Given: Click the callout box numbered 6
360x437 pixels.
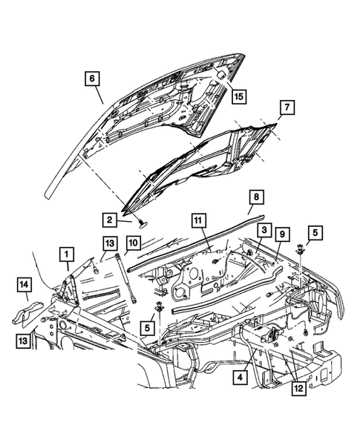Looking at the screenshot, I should pos(93,78).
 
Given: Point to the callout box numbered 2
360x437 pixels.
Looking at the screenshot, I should pos(108,220).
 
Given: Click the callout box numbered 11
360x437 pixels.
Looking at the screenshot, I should pos(199,220).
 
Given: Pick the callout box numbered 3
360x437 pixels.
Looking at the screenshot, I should pos(261,231).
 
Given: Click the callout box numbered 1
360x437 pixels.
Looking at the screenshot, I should pos(68,255).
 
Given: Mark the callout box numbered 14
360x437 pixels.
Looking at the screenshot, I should pos(24,283).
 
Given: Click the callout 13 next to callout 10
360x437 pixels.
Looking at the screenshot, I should pos(109,245).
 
